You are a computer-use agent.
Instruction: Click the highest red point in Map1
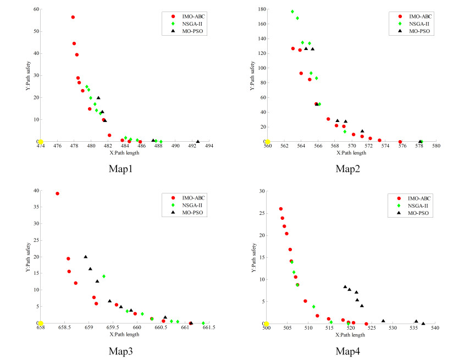click(73, 17)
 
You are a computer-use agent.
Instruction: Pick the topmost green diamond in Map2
click(292, 12)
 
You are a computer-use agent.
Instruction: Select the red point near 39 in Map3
click(57, 193)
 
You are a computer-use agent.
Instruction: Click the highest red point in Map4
click(280, 209)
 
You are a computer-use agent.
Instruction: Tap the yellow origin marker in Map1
click(40, 142)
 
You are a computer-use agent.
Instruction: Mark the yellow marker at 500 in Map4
click(267, 324)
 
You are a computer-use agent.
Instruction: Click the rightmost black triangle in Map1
click(198, 141)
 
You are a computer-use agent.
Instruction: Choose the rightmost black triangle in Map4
click(423, 323)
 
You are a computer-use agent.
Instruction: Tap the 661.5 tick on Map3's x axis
click(209, 328)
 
